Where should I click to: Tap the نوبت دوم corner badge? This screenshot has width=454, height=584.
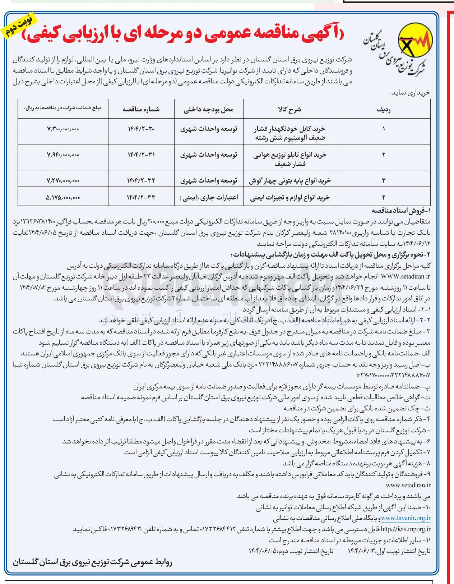click(19, 26)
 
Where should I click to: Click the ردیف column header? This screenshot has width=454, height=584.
click(383, 110)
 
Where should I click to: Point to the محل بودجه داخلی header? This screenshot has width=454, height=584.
click(209, 110)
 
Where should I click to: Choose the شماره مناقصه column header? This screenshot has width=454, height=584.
click(141, 110)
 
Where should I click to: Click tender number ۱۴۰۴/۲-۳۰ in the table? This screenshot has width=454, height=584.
click(141, 129)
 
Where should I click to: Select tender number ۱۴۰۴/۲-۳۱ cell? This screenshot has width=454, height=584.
click(141, 155)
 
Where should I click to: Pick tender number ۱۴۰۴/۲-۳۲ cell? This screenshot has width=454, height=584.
click(141, 180)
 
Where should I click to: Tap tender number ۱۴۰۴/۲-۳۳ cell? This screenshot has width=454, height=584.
click(141, 197)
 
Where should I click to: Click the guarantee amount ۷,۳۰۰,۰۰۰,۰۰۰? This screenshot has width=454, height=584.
click(63, 129)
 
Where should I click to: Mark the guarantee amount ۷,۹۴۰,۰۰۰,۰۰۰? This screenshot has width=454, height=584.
click(63, 155)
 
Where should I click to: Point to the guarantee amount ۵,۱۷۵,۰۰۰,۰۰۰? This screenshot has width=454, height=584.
click(63, 197)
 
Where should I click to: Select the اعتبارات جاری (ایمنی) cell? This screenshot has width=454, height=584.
click(209, 197)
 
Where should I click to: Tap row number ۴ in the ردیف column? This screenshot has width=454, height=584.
click(383, 197)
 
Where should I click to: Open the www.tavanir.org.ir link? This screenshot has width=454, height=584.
click(406, 518)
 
